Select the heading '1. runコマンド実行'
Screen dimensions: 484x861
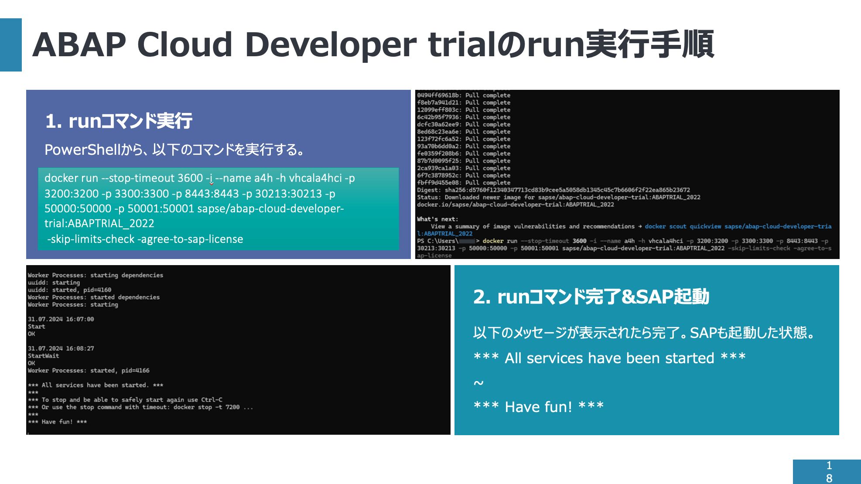point(119,121)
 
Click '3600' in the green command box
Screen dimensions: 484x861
point(190,178)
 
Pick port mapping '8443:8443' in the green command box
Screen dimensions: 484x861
point(212,193)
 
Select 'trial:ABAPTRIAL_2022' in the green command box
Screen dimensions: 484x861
point(99,223)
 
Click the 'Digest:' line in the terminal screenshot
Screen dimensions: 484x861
point(553,190)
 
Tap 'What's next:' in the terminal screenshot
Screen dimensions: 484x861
point(437,219)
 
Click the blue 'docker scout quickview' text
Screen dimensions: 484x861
point(683,226)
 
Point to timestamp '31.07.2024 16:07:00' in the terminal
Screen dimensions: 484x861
point(61,319)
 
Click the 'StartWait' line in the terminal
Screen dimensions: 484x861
point(43,356)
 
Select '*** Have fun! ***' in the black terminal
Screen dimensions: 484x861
point(57,422)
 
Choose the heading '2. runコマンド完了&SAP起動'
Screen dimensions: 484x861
point(591,297)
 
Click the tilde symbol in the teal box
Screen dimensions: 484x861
point(478,383)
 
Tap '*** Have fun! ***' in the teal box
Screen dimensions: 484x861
point(538,406)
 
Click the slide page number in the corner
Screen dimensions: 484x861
point(829,472)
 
